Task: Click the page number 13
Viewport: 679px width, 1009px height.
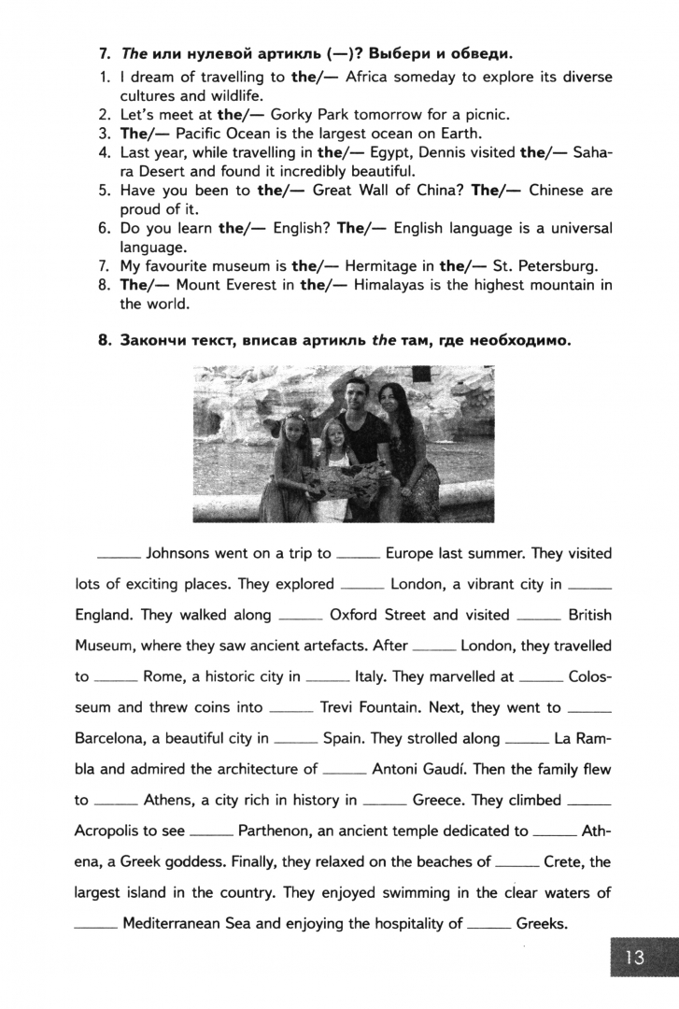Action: pos(635,958)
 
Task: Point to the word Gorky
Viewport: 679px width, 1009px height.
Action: pos(290,115)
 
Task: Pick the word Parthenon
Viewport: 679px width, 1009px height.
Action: pos(277,830)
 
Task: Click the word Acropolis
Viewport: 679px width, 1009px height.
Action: pos(109,830)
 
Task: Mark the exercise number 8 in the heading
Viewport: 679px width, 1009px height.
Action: pos(105,341)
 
